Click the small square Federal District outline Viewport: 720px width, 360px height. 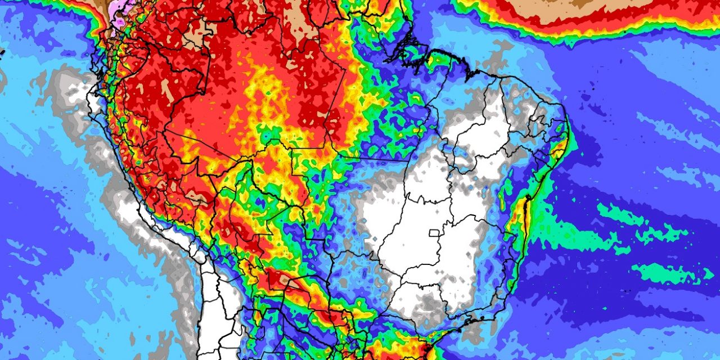(x=435, y=232)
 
